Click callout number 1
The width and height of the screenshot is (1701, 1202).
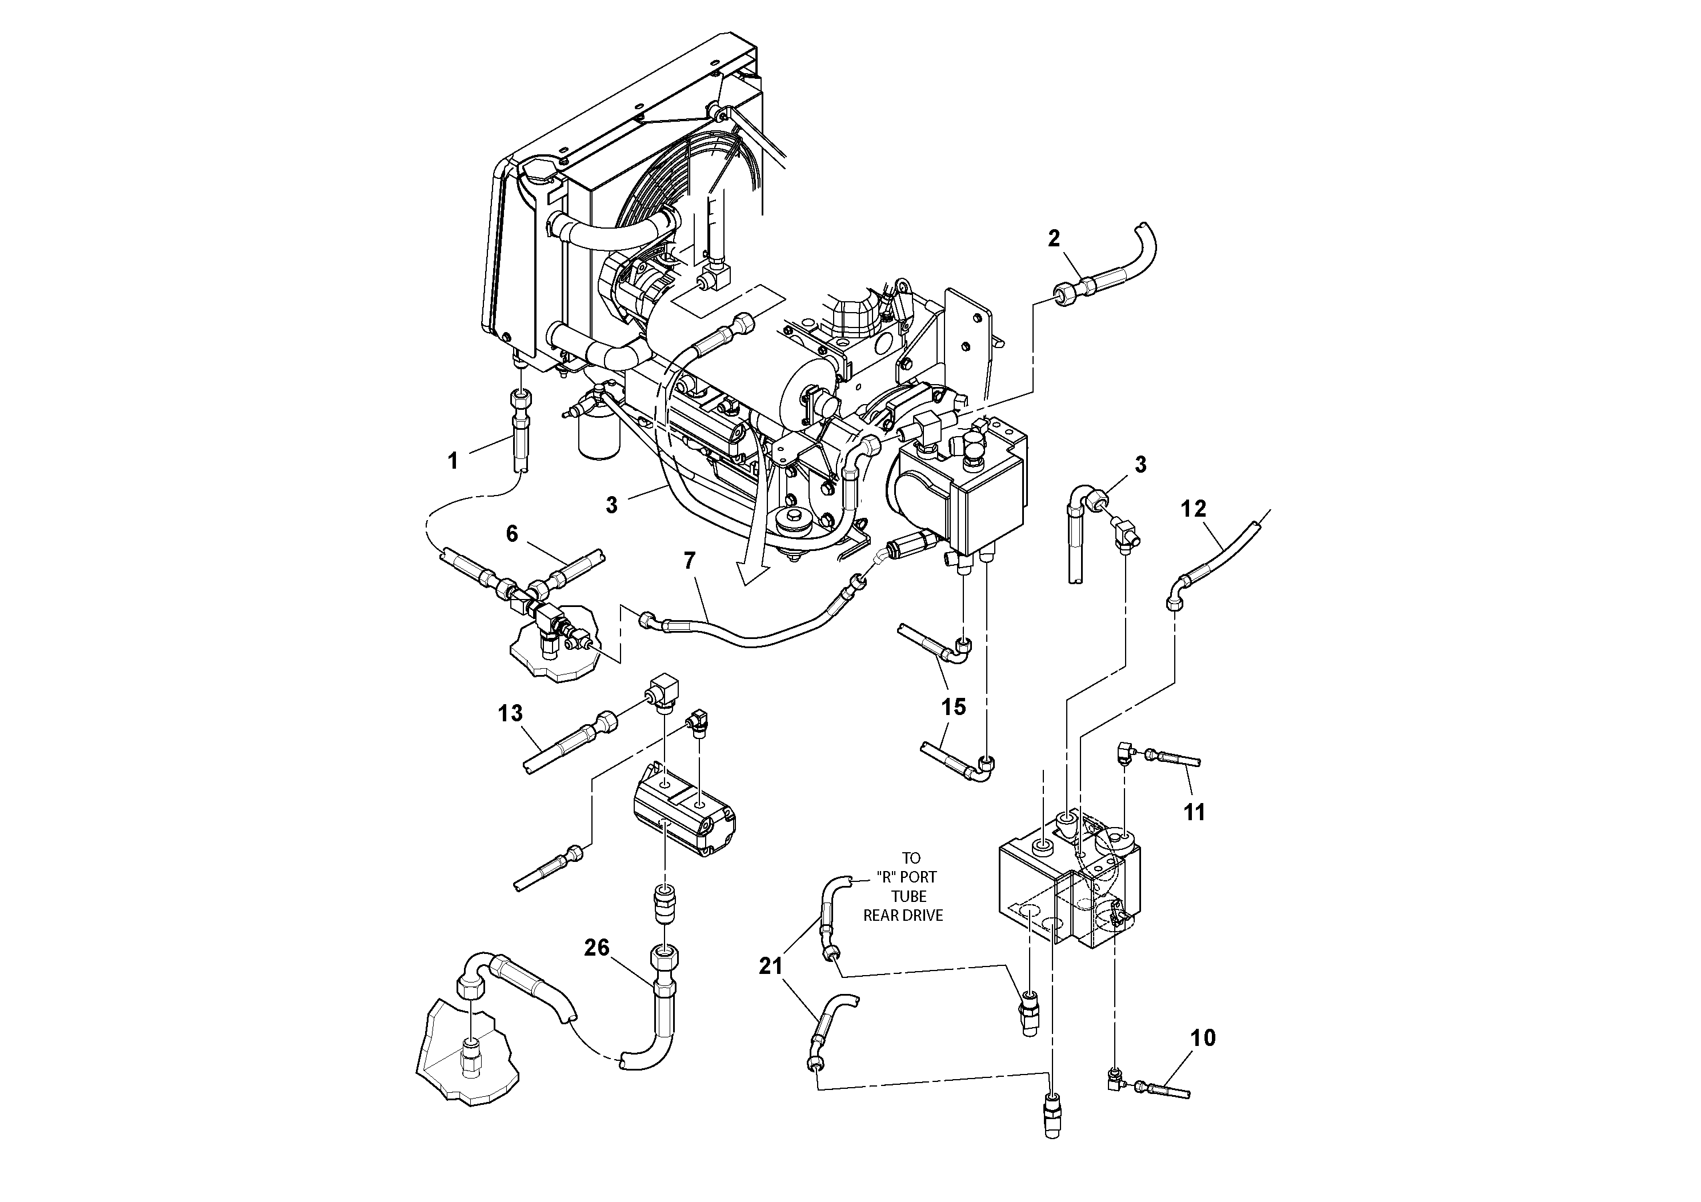(453, 461)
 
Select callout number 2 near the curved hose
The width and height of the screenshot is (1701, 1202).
(1054, 238)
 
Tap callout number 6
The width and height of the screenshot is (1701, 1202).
(512, 534)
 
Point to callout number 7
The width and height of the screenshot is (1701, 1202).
(690, 561)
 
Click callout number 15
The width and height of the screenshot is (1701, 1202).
(954, 707)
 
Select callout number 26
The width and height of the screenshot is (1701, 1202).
(597, 947)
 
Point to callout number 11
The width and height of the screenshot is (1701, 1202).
(1194, 812)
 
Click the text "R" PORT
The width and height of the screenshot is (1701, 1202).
(907, 877)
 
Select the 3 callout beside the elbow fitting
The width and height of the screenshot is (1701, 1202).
(1140, 465)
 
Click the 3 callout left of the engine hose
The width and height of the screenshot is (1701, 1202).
(611, 505)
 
